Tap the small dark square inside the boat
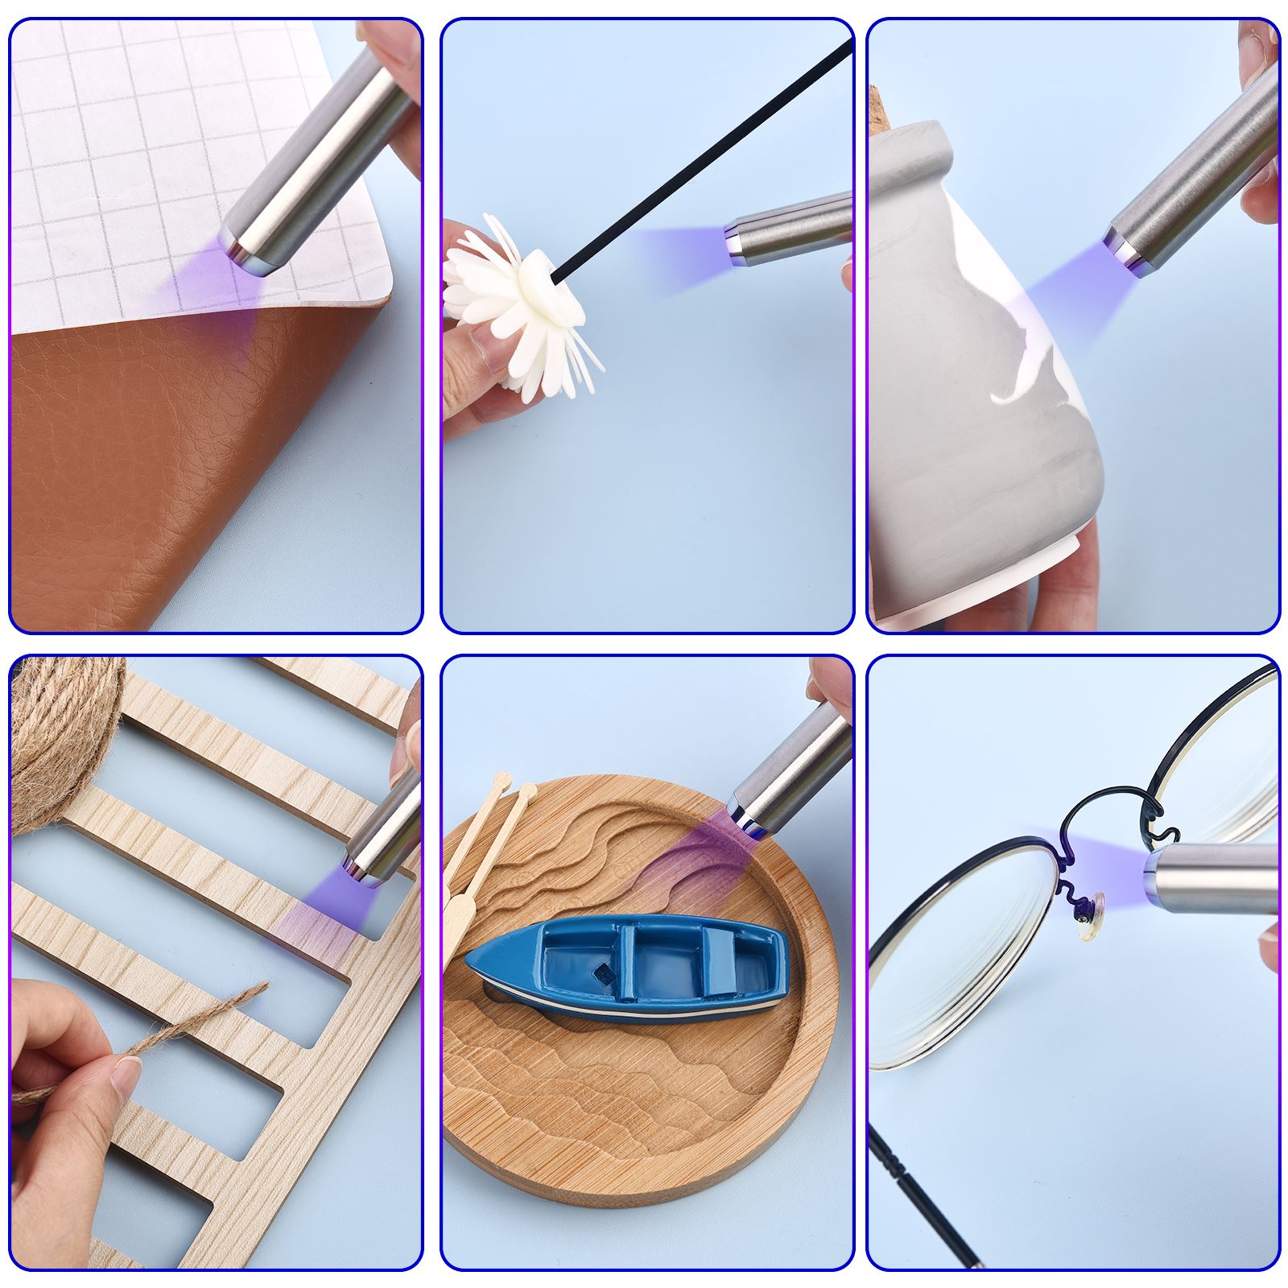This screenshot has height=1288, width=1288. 600,976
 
